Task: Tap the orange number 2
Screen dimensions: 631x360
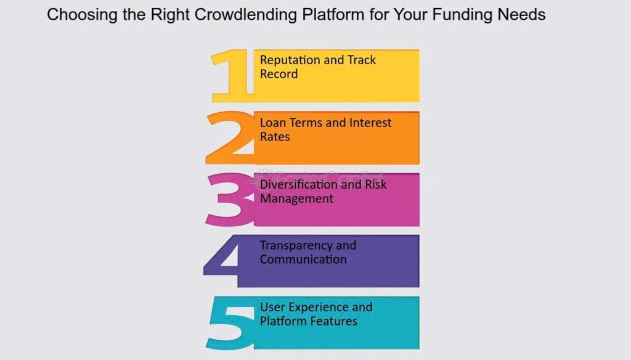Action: point(231,137)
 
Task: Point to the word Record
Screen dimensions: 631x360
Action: point(279,74)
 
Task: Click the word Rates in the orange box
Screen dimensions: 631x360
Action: point(275,137)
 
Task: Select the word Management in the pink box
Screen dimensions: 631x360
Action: point(296,198)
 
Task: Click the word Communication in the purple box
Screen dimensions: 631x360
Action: point(303,260)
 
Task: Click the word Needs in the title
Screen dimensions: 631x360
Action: point(521,15)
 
